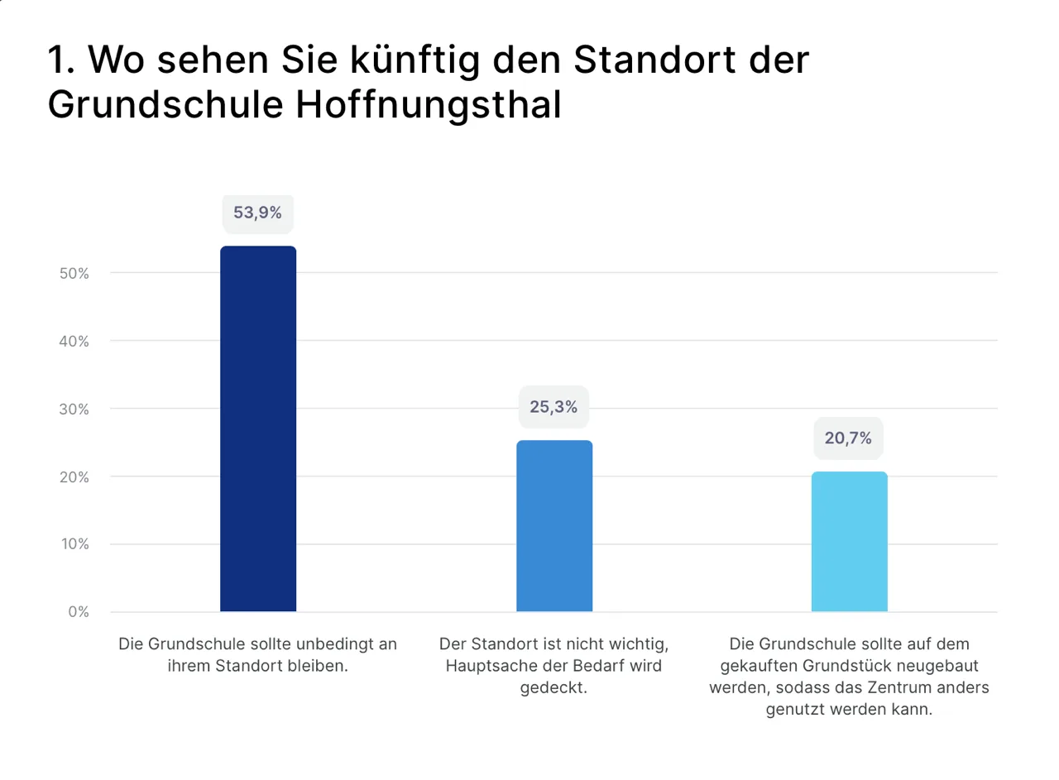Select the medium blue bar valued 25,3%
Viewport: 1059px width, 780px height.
554,526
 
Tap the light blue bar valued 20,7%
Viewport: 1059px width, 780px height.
849,542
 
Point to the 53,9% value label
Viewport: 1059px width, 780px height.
257,213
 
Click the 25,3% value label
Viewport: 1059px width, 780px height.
553,406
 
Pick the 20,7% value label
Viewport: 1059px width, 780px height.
848,438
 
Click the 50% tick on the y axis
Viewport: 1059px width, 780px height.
74,273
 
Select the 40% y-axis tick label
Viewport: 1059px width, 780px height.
74,341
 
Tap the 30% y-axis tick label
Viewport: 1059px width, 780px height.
74,409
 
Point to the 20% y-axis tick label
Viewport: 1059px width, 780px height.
74,476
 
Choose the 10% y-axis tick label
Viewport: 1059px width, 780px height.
74,544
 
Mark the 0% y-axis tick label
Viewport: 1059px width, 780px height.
78,612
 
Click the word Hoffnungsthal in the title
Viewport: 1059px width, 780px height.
428,106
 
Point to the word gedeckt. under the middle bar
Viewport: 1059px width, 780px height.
553,688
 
